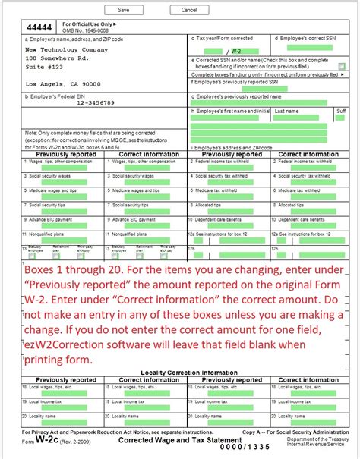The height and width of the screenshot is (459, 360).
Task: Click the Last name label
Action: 286,111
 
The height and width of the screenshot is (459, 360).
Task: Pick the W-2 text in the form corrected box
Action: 235,51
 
